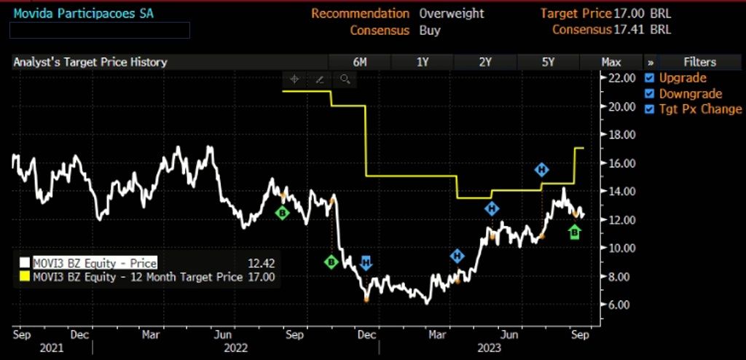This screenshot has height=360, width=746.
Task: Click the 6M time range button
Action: [x=359, y=62]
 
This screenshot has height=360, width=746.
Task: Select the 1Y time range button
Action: [x=423, y=62]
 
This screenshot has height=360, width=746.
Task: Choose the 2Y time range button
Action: [x=485, y=62]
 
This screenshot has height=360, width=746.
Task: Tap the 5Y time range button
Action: [x=549, y=62]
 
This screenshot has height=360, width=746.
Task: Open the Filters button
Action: [x=699, y=62]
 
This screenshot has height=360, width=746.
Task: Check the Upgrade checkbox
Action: [x=651, y=78]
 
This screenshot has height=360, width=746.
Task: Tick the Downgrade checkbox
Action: [x=651, y=94]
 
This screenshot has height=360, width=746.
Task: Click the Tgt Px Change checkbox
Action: [x=651, y=109]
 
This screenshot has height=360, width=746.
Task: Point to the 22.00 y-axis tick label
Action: [x=623, y=78]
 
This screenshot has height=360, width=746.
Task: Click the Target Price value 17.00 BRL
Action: [x=642, y=13]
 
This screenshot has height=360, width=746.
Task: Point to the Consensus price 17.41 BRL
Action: [x=642, y=30]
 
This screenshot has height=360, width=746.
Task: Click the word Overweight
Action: [x=451, y=13]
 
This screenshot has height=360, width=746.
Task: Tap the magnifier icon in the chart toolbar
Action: [x=345, y=79]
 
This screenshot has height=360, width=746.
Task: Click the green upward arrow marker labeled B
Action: [x=575, y=232]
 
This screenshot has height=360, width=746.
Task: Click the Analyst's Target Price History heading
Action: [x=90, y=62]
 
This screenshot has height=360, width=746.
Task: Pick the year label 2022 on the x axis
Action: [x=237, y=348]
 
